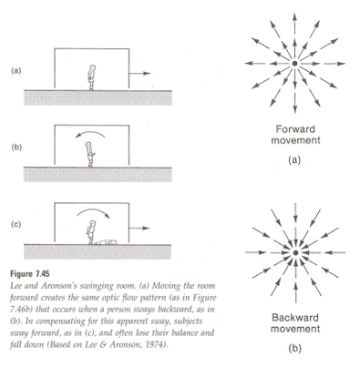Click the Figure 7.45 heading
30,274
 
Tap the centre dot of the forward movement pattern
294,64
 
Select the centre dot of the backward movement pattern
295,252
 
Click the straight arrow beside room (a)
140,73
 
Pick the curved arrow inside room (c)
93,210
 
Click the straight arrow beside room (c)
139,228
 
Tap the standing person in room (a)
91,77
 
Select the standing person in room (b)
90,155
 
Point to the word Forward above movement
295,129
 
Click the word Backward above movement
295,318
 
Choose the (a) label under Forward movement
294,160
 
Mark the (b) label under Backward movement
294,349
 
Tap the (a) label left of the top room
16,71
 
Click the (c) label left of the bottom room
16,224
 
